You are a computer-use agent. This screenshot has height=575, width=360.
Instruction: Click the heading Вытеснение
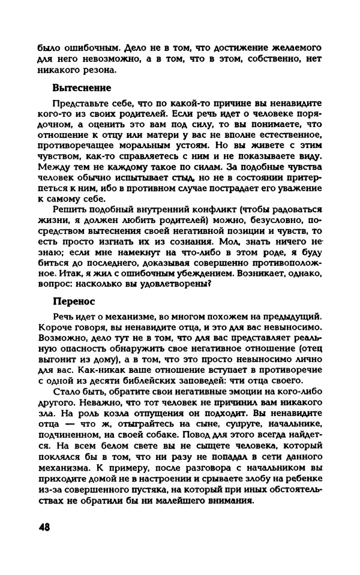tap(82, 88)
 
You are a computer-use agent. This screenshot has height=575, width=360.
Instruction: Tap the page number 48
tap(45, 527)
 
